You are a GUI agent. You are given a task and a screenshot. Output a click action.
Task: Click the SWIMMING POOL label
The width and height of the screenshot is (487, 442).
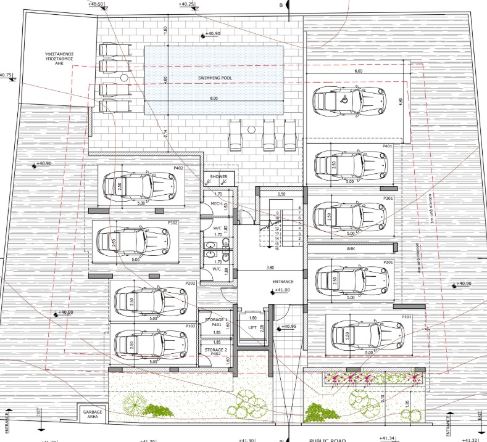pyautogui.click(x=214, y=78)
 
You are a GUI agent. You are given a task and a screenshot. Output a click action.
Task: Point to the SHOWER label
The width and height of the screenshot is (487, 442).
pyautogui.click(x=219, y=177)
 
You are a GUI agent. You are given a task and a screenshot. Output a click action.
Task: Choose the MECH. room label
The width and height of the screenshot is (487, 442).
pyautogui.click(x=217, y=203)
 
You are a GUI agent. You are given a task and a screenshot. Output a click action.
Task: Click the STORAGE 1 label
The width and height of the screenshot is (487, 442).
pyautogui.click(x=216, y=320)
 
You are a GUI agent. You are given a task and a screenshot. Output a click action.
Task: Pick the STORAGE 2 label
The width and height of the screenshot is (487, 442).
pyautogui.click(x=216, y=350)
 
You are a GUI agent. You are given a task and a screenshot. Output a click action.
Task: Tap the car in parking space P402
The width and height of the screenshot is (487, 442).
pyautogui.click(x=139, y=184)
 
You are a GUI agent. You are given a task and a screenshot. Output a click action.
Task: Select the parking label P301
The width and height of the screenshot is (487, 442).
pyautogui.click(x=388, y=198)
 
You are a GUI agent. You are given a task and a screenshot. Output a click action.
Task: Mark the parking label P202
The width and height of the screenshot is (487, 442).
pyautogui.click(x=190, y=283)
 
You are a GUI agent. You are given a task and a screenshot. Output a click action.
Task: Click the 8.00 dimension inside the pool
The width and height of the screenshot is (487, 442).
pyautogui.click(x=214, y=99)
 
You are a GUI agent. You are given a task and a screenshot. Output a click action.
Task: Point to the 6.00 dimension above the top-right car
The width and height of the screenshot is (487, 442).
pyautogui.click(x=359, y=72)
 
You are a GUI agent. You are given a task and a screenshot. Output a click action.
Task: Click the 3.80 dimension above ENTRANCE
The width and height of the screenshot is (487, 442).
pyautogui.click(x=270, y=268)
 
